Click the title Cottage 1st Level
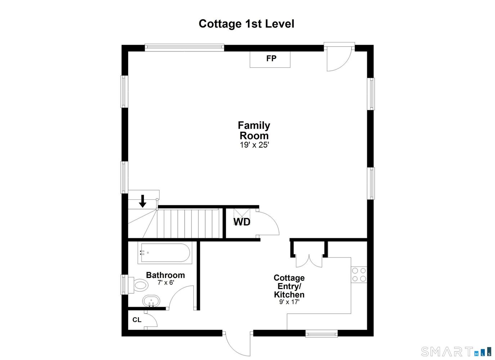coord(247,24)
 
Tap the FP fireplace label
coord(271,58)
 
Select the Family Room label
coord(254,130)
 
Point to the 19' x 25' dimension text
coord(255,145)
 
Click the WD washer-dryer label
coord(242,222)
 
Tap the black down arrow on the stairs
coord(143,201)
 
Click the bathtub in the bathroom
coord(165,253)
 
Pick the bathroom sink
coord(151,301)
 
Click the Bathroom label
coord(165,275)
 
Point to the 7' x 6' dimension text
coord(166,283)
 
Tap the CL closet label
coord(137,320)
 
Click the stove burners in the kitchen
coord(359,275)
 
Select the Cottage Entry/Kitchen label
coord(289,286)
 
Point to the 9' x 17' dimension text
coord(289,302)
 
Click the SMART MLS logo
coord(456,351)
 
